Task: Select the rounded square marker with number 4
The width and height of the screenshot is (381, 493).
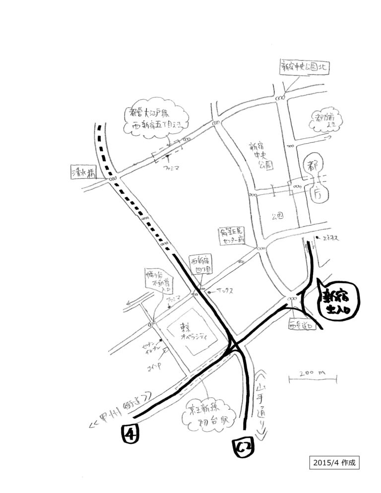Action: click(x=129, y=434)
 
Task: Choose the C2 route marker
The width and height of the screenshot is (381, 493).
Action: click(x=243, y=447)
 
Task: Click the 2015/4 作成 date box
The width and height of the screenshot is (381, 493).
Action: click(x=333, y=462)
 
